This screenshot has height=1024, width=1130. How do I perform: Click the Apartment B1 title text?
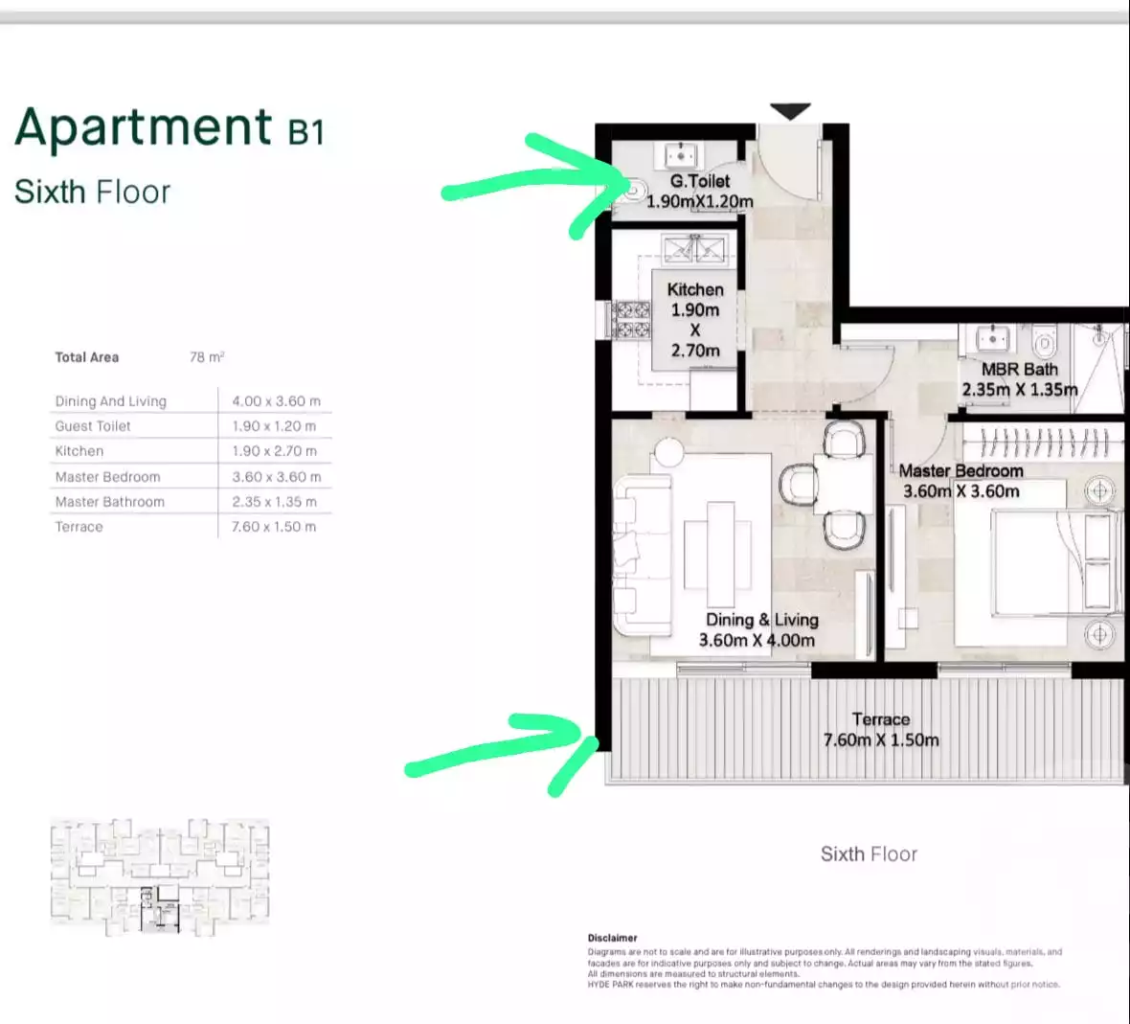[169, 128]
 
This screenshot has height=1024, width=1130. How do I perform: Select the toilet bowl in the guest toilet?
[633, 190]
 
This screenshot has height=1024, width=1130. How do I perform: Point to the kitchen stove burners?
[631, 320]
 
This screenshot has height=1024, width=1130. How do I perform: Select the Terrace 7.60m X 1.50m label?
[881, 729]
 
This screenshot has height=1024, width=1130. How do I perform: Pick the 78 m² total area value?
[207, 357]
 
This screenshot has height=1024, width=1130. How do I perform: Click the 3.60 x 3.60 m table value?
[276, 476]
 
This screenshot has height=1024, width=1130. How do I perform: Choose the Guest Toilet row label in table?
[93, 426]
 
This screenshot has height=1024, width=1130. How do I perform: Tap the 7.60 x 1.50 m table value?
[274, 527]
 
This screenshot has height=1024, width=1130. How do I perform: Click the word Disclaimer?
[612, 938]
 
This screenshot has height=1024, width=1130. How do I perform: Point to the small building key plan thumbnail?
[160, 875]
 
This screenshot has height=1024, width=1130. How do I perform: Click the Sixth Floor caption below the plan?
[869, 854]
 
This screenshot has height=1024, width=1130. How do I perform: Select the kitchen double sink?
[696, 249]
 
